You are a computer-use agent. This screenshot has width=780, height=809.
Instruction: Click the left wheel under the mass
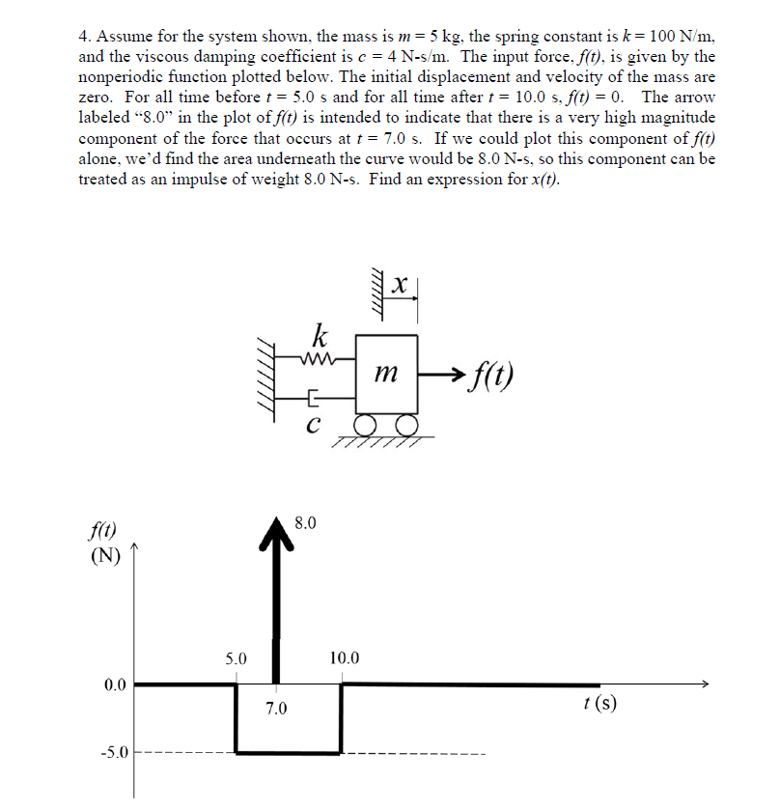click(x=372, y=427)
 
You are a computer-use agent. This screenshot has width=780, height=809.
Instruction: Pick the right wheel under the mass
click(x=403, y=427)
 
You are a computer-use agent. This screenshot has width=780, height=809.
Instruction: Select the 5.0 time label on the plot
click(x=237, y=659)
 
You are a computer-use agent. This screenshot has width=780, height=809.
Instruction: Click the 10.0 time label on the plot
click(x=343, y=659)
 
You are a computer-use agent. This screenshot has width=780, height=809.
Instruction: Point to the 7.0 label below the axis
click(x=276, y=710)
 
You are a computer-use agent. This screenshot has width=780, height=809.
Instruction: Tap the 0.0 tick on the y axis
click(x=114, y=685)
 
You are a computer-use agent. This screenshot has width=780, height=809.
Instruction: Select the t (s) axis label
click(x=600, y=703)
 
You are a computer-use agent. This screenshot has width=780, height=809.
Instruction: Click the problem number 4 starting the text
click(x=84, y=36)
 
